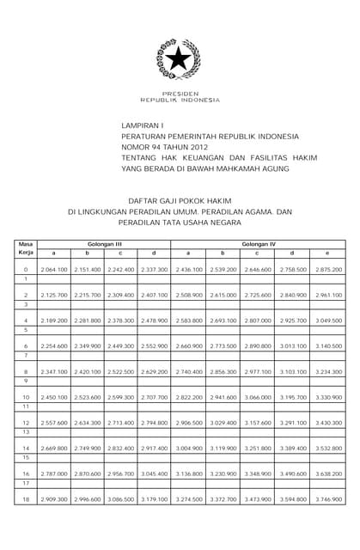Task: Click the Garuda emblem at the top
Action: (179, 59)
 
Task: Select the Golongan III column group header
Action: (104, 243)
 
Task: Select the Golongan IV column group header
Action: (259, 243)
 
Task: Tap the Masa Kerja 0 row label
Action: (25, 270)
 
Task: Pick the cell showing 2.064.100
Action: (54, 270)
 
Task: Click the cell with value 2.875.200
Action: (327, 270)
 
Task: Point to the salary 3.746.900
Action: (327, 499)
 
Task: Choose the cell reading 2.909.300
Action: (54, 499)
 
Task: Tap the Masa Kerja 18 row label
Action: (25, 499)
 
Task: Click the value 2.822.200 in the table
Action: (189, 397)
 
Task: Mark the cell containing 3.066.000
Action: (258, 397)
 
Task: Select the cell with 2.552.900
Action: (154, 346)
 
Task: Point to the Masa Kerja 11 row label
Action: (25, 406)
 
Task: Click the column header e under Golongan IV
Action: (327, 253)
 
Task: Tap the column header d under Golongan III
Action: (154, 253)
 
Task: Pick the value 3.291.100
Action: (292, 423)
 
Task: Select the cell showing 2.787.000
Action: (54, 474)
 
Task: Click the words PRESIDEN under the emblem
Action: (180, 93)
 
